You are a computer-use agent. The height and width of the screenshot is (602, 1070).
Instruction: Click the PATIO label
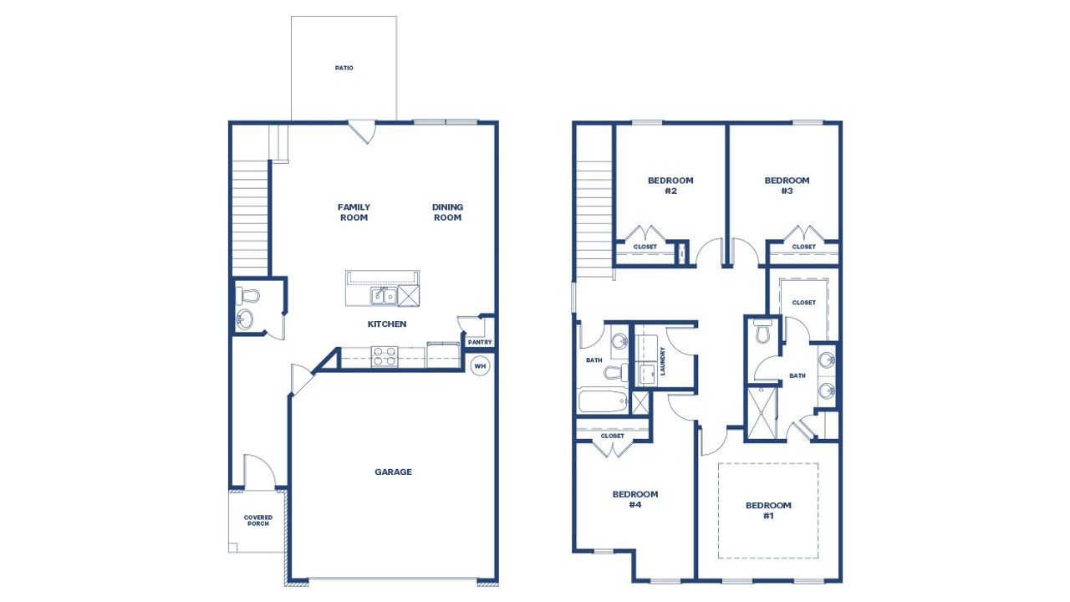[344, 68]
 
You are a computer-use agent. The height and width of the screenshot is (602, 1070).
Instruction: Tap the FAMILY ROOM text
[354, 212]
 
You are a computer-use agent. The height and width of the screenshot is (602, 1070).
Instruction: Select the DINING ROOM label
[447, 212]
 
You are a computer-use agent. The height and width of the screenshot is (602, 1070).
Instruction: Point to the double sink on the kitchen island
[385, 295]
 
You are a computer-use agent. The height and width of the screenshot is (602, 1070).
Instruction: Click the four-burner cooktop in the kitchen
[385, 357]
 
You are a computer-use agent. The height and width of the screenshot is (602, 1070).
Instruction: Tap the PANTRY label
[480, 342]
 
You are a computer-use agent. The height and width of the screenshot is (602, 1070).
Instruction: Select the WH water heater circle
[480, 366]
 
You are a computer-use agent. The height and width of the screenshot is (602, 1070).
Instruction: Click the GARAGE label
[393, 472]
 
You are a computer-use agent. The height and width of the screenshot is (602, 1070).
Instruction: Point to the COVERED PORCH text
[258, 521]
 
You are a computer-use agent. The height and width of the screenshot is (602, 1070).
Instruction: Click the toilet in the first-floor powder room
[248, 295]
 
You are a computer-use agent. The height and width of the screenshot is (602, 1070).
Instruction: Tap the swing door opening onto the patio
[362, 132]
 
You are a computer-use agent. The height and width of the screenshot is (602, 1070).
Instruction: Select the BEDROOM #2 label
[670, 186]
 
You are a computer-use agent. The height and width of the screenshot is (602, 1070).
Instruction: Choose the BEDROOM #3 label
[787, 186]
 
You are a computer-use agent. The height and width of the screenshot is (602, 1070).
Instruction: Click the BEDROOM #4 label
[635, 499]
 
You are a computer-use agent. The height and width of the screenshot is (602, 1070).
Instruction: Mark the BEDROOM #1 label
[768, 510]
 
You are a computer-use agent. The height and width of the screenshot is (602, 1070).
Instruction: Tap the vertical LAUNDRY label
[662, 360]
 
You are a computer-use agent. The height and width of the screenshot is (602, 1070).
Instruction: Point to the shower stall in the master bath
[761, 413]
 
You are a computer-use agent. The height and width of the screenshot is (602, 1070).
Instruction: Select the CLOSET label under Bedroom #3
[803, 247]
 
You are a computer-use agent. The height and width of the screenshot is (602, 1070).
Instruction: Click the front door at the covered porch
[259, 473]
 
